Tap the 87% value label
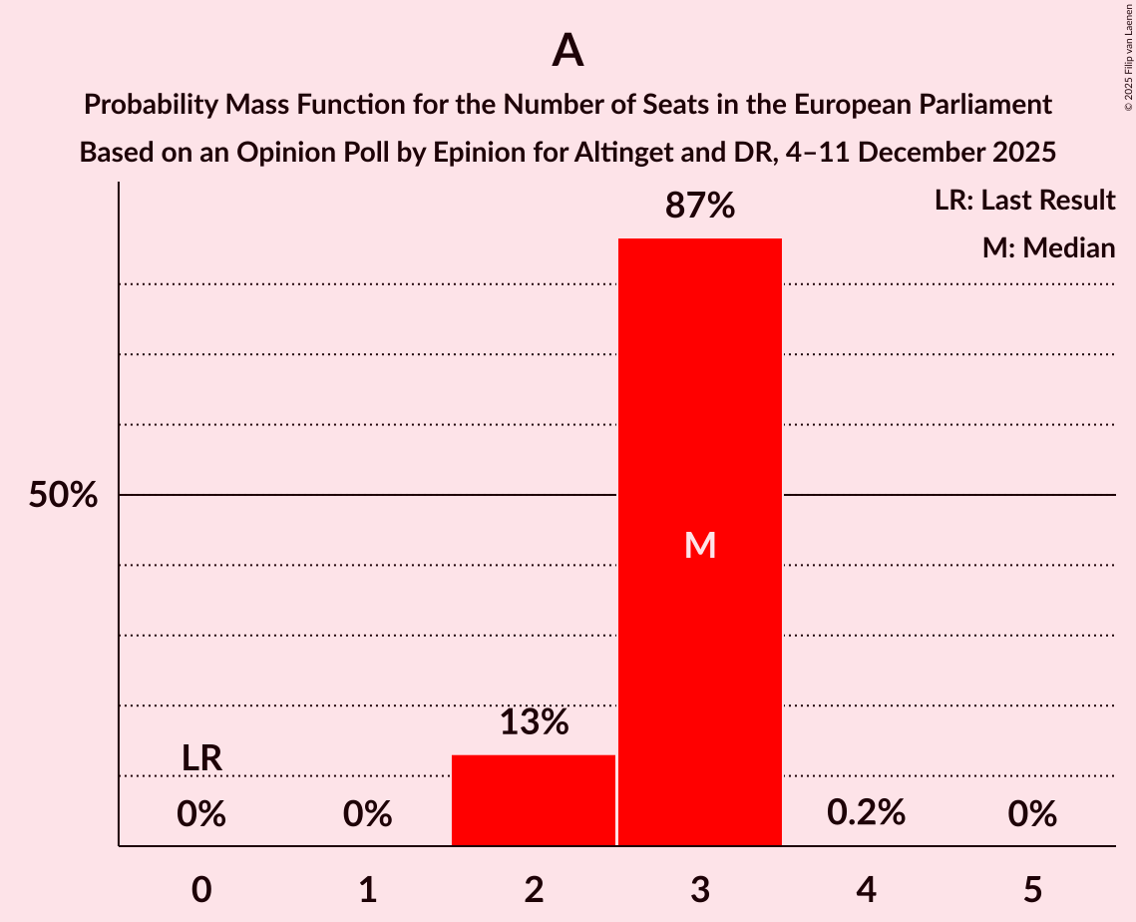(700, 207)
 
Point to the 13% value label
(534, 722)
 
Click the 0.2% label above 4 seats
(866, 813)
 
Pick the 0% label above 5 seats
(1031, 814)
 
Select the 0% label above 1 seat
(367, 814)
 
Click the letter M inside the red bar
(700, 545)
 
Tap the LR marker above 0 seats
(201, 758)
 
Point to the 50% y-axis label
(63, 495)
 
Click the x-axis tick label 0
(201, 889)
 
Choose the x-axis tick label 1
(367, 889)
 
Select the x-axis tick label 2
(534, 889)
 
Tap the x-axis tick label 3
(700, 889)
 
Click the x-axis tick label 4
(866, 889)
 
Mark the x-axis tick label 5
(1031, 889)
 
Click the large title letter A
(568, 50)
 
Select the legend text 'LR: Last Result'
(1024, 201)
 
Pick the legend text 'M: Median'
(1048, 247)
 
